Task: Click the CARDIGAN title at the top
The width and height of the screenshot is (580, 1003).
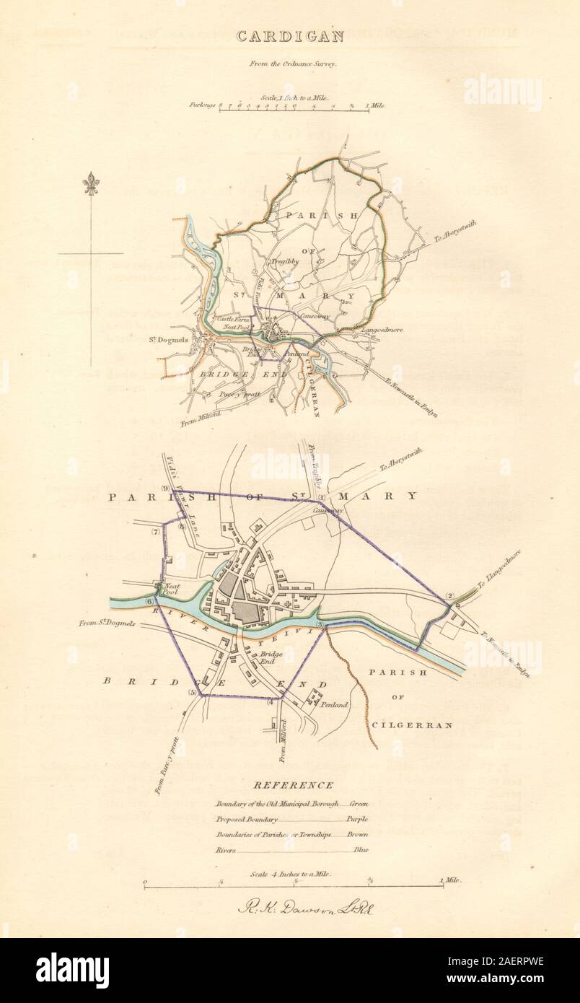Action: click(289, 36)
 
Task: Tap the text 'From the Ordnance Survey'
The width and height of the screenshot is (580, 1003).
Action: click(289, 63)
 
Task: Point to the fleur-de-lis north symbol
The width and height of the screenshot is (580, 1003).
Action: click(91, 185)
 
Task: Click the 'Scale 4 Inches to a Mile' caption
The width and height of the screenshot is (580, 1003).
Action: click(290, 873)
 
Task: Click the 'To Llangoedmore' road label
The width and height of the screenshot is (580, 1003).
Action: click(498, 569)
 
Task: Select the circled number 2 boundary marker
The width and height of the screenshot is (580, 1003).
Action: click(449, 595)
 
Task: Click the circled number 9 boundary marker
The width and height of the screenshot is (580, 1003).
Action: click(165, 489)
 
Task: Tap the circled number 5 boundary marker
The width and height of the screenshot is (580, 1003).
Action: click(193, 693)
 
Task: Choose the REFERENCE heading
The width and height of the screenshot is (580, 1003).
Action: click(293, 786)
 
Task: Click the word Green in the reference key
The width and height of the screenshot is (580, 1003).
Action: click(359, 803)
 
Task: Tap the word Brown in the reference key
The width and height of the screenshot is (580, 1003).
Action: click(357, 835)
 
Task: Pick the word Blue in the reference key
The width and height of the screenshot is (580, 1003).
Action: click(361, 850)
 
